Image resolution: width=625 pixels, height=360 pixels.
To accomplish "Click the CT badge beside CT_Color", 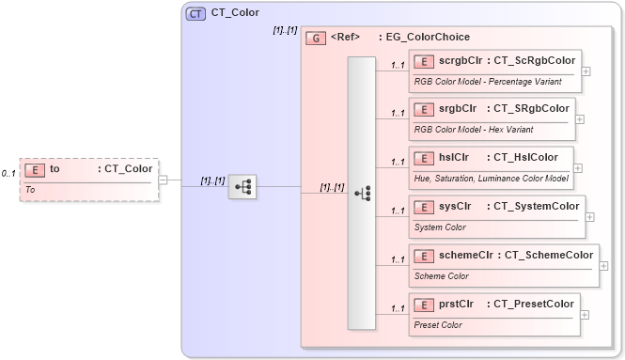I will click(x=195, y=13).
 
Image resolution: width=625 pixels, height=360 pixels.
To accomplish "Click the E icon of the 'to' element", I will click(x=35, y=169).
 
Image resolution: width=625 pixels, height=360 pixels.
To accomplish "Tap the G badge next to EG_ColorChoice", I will click(x=317, y=39).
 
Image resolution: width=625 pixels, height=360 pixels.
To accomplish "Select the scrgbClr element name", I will click(x=458, y=61).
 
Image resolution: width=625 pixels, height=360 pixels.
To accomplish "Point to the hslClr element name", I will click(x=454, y=157).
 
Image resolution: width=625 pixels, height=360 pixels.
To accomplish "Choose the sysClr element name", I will click(x=455, y=206).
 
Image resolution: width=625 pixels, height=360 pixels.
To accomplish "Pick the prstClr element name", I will click(x=456, y=304).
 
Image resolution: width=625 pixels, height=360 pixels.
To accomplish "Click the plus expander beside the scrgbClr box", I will click(x=586, y=70).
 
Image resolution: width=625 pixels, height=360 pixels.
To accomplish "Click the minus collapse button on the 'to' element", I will click(x=164, y=180).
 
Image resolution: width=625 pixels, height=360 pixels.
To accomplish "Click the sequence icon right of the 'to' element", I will click(x=242, y=186).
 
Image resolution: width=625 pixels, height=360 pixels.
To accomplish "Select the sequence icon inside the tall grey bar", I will click(x=362, y=193).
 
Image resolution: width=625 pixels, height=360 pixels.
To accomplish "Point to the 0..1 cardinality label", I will click(x=8, y=174).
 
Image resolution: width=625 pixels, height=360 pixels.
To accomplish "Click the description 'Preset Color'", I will click(x=438, y=325).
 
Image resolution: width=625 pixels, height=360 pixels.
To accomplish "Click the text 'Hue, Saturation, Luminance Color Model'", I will click(x=492, y=178).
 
